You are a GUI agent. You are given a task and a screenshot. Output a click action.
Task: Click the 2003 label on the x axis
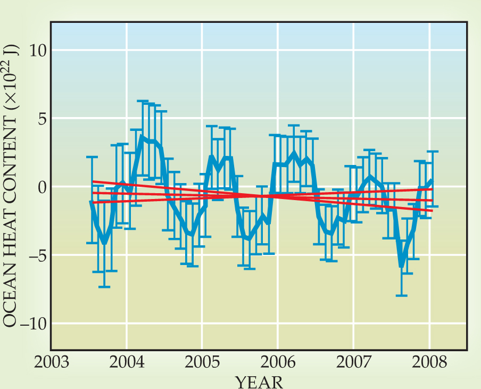point(51,363)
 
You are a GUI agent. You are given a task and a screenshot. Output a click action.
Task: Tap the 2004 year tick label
point(127,363)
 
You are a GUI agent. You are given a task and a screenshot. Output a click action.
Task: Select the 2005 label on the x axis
point(202,363)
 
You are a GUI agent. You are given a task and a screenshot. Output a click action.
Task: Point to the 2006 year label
point(277,363)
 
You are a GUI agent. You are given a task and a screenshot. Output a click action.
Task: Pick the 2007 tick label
point(353,363)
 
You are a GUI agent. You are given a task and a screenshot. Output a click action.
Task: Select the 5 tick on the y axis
point(40,118)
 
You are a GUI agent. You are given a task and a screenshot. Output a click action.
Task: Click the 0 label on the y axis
point(40,187)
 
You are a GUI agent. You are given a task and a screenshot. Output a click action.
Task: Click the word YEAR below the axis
point(259,381)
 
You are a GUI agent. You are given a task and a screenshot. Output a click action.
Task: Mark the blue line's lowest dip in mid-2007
point(402,265)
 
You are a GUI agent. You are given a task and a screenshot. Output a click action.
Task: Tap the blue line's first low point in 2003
point(104,243)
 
